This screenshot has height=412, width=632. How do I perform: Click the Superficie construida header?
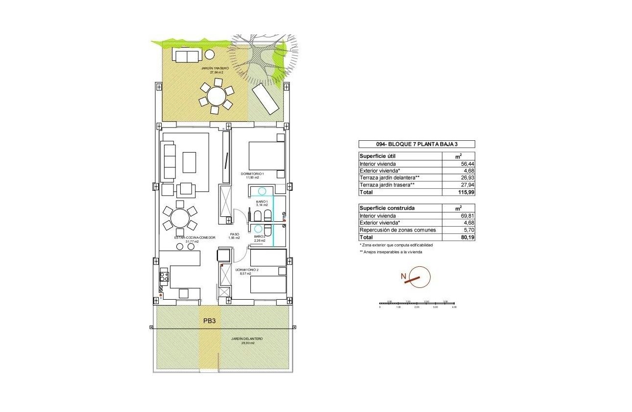pyautogui.click(x=387, y=208)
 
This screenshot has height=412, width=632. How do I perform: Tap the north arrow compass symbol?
pyautogui.click(x=419, y=278)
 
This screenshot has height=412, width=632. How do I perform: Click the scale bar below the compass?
pyautogui.click(x=417, y=304)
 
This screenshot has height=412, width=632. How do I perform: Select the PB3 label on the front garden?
pyautogui.click(x=210, y=321)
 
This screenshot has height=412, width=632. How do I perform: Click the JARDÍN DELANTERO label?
pyautogui.click(x=247, y=339)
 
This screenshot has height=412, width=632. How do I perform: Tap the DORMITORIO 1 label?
pyautogui.click(x=252, y=174)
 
